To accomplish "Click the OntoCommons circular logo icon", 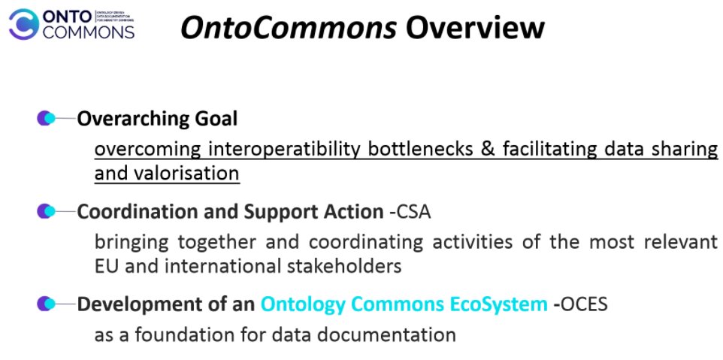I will coord(24,23).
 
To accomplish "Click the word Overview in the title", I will coord(474,28).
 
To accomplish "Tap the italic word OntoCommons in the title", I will coord(289,28).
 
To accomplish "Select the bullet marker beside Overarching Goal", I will coord(46,119).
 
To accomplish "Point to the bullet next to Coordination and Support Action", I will coord(46,212).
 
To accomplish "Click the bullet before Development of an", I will coord(46,304).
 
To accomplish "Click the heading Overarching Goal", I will coord(157,119).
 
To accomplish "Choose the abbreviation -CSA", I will coord(410,212).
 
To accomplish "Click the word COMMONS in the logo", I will coord(89,32).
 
